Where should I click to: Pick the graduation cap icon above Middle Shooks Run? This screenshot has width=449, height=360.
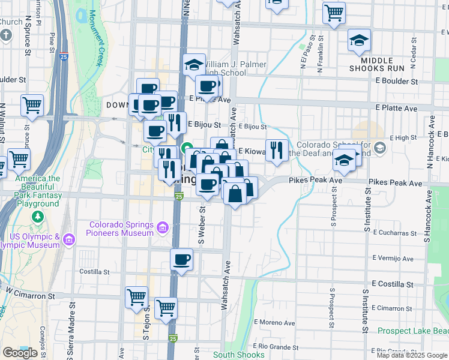(359, 40)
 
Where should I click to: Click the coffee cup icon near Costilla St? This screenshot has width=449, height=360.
(181, 260)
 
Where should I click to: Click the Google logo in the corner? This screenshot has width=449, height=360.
(20, 352)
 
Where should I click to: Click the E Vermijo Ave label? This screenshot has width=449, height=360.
(393, 259)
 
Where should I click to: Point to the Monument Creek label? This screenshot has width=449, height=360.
(94, 37)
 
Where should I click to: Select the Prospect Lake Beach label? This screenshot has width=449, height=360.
(413, 331)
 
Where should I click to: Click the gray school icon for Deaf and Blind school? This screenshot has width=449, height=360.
(379, 147)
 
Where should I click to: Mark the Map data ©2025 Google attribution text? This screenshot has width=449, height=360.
(412, 355)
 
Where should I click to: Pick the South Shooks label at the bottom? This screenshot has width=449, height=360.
(238, 355)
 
